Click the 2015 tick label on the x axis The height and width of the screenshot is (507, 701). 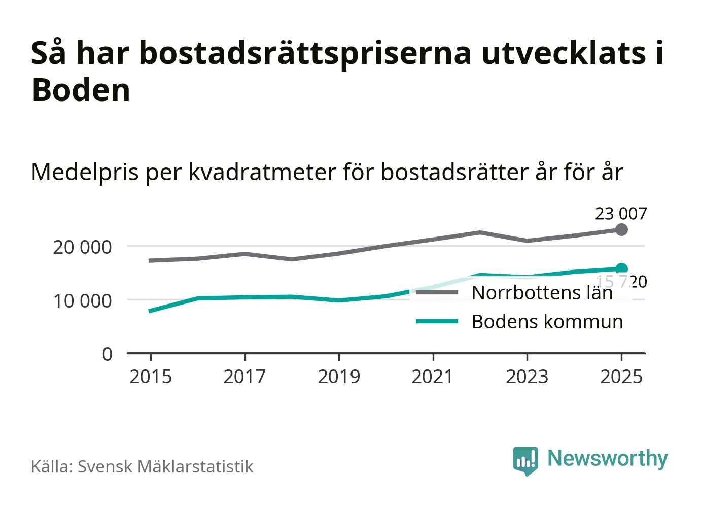(151, 377)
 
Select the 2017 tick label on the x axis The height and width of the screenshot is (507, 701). (244, 377)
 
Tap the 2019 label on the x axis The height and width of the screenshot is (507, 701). (339, 377)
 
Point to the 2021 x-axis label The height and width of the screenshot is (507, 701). (433, 377)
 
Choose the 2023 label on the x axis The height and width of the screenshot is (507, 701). (527, 377)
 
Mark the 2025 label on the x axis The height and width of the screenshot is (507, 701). (621, 377)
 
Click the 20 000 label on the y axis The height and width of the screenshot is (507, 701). (82, 247)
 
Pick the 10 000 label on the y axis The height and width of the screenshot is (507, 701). (82, 301)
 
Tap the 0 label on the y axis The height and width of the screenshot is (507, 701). (107, 354)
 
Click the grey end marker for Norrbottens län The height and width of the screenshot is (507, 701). (621, 230)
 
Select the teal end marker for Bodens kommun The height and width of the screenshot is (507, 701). (621, 269)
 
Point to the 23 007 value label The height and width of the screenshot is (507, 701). (621, 214)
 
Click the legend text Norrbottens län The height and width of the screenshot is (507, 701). (542, 293)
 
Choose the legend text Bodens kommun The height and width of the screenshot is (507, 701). (547, 322)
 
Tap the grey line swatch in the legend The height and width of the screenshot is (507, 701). (437, 293)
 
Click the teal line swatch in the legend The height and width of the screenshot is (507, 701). (437, 322)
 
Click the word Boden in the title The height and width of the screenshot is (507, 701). (81, 90)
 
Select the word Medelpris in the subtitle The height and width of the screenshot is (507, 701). (85, 173)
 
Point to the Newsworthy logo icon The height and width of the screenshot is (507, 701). (525, 460)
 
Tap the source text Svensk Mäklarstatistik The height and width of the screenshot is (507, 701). (165, 467)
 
